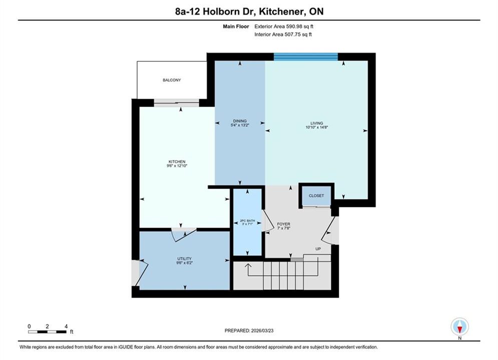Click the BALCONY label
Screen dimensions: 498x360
[172, 80]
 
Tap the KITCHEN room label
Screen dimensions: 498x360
[177, 162]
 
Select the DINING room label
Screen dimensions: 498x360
[240, 121]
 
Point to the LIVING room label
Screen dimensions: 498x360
[317, 123]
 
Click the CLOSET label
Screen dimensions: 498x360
[316, 195]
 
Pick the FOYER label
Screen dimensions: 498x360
[284, 224]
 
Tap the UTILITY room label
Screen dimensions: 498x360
[184, 258]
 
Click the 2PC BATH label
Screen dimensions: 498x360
[247, 221]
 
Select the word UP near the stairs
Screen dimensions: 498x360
[318, 249]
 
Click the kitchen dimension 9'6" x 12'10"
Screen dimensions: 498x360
[177, 165]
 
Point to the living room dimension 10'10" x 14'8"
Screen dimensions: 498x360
[317, 127]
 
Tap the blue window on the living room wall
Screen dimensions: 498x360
[306, 57]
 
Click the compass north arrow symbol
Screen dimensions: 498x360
[459, 326]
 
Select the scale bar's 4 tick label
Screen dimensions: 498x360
[66, 326]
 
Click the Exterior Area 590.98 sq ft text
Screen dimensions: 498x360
[284, 26]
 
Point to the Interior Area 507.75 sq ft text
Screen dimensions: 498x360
[283, 34]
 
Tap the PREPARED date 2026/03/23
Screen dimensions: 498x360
[262, 330]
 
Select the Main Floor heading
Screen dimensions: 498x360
[236, 26]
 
